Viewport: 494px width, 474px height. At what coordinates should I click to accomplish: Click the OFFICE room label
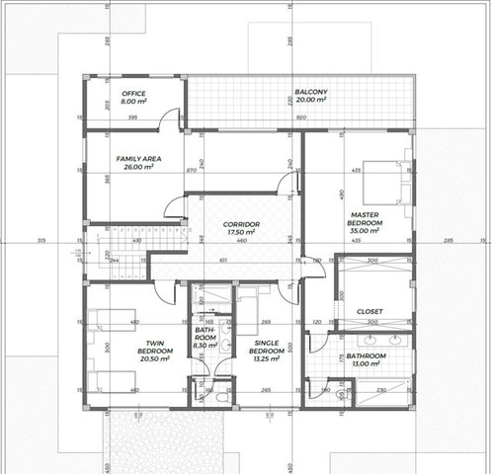click(133, 93)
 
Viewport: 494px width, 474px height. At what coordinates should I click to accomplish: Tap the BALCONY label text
click(311, 93)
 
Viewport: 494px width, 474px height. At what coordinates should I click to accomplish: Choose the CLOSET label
click(370, 310)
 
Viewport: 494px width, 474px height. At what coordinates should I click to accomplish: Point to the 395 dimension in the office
click(132, 117)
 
